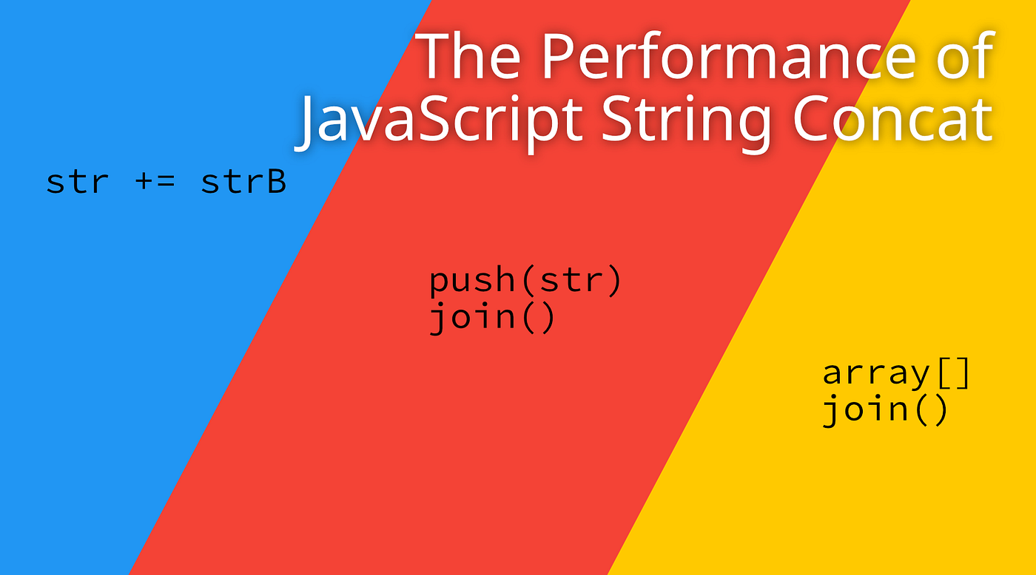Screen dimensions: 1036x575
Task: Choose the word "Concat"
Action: [x=893, y=117]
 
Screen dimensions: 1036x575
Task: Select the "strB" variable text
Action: [x=243, y=181]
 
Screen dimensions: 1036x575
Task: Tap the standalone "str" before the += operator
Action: [x=77, y=182]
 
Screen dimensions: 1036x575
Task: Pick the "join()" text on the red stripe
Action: [x=492, y=318]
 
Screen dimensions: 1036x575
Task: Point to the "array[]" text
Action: [x=896, y=373]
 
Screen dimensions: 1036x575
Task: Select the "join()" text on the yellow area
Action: [x=885, y=410]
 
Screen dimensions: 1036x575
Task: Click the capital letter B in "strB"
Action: [x=275, y=181]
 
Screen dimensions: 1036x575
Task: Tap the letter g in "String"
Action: [x=750, y=129]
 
